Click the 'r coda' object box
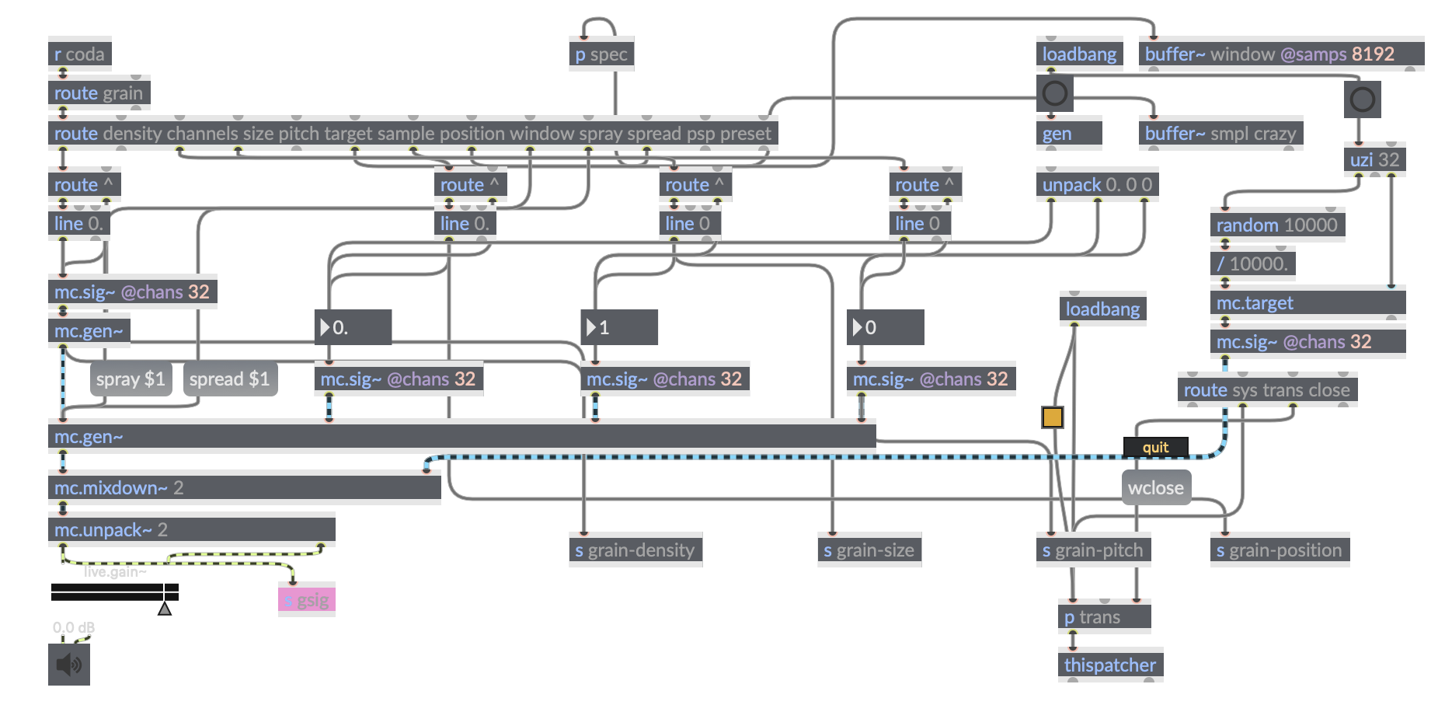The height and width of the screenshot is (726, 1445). tap(79, 54)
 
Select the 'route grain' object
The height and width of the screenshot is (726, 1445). tap(99, 93)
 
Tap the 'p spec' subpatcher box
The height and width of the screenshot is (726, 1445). tap(601, 54)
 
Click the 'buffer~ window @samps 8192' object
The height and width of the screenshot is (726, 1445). tap(1280, 54)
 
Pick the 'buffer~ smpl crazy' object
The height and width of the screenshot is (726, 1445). tap(1220, 134)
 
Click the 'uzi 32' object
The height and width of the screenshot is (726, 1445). tap(1374, 160)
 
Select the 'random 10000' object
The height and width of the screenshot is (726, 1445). tap(1276, 225)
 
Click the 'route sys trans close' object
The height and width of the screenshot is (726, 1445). tap(1266, 390)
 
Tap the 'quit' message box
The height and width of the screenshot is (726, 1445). tap(1155, 448)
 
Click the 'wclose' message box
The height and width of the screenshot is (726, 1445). tap(1155, 488)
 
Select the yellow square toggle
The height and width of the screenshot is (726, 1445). tap(1053, 417)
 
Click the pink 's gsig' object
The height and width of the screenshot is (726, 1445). tap(306, 600)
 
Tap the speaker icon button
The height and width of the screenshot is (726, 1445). tap(69, 665)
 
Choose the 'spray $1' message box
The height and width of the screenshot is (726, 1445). tap(131, 379)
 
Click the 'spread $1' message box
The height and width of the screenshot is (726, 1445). tap(229, 379)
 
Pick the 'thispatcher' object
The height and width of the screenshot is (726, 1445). tap(1109, 665)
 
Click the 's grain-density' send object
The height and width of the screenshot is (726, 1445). tap(635, 550)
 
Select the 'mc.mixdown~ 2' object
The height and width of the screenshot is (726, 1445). tap(244, 488)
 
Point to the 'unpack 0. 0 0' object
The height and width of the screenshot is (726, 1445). tap(1096, 185)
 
